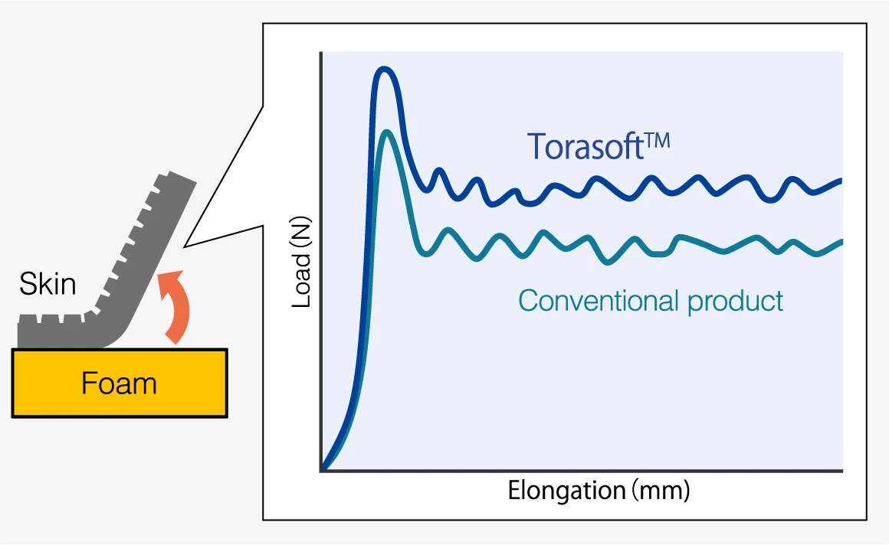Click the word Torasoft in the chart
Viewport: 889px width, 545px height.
click(585, 146)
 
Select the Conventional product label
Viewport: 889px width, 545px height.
click(651, 301)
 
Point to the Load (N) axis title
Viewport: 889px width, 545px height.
click(301, 262)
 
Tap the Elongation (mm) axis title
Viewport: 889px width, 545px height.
click(599, 490)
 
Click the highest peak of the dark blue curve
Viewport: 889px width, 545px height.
click(385, 69)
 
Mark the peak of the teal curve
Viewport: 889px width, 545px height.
click(387, 132)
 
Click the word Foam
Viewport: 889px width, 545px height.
click(119, 383)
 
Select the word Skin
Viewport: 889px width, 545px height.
click(48, 284)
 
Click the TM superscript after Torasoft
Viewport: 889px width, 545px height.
click(658, 141)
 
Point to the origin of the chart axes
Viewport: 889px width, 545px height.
click(321, 470)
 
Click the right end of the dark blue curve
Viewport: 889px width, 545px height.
click(841, 181)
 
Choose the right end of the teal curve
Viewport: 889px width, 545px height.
click(842, 242)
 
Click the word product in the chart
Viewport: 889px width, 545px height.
click(736, 302)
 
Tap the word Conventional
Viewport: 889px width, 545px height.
click(599, 300)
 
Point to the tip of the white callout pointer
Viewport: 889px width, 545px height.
click(184, 247)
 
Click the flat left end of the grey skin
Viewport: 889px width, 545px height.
click(19, 331)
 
